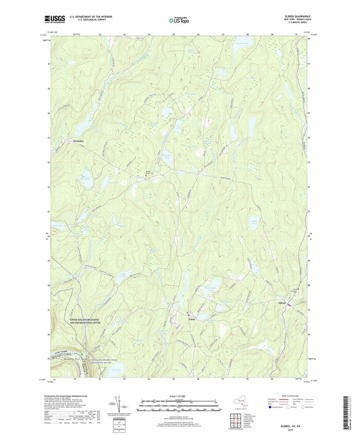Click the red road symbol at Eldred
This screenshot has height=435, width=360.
[x=291, y=305]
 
